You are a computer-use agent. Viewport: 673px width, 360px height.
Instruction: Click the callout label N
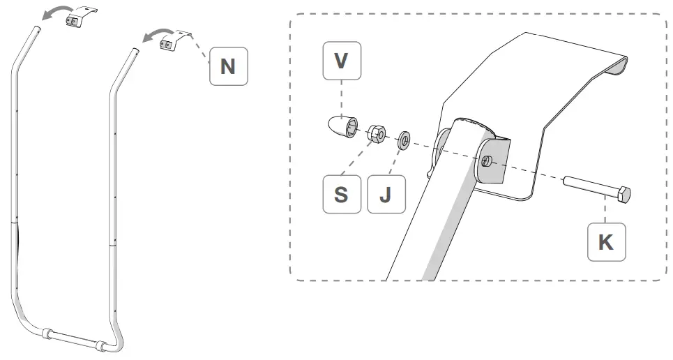227,66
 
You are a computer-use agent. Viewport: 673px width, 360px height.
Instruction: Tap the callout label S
341,194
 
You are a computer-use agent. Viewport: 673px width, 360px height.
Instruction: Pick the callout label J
384,194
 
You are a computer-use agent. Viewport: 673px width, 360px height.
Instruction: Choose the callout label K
606,242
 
